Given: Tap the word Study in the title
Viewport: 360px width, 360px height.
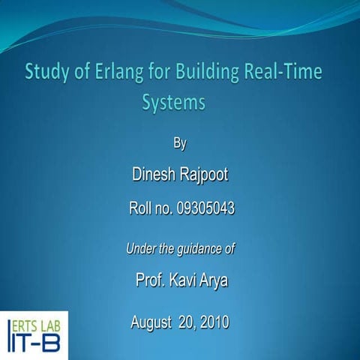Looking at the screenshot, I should [x=46, y=73].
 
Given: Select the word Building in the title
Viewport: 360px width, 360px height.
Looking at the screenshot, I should [x=200, y=73].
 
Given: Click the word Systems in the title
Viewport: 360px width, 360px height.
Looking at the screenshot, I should [x=173, y=102].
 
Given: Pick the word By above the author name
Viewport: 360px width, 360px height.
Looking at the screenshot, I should [x=180, y=143].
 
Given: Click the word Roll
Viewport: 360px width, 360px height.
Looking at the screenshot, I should [x=141, y=209].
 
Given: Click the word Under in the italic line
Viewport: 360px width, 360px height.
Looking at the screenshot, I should [x=140, y=248].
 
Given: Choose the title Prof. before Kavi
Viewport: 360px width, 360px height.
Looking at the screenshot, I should [x=150, y=281].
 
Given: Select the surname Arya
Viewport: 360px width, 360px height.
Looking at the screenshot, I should [x=214, y=281].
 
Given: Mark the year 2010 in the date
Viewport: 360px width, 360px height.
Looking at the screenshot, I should [x=213, y=323].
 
